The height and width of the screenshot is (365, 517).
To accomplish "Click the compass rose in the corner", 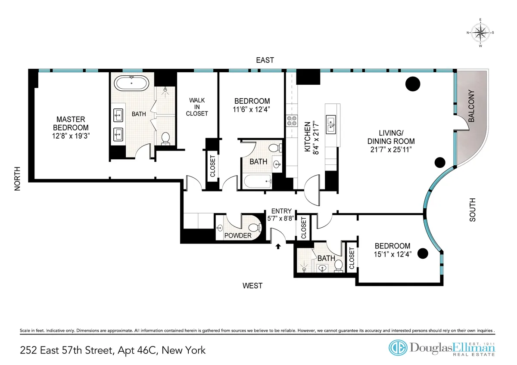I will [480, 32].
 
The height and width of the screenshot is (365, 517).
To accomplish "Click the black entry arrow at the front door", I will [278, 246].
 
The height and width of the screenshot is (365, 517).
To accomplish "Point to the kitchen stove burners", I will [291, 121].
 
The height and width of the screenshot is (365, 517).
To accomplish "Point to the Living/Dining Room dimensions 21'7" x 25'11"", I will [391, 150].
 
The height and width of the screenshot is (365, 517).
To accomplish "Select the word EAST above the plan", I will [265, 60].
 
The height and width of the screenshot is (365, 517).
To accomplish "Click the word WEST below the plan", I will [252, 285].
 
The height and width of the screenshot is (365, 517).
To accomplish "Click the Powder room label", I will [237, 235].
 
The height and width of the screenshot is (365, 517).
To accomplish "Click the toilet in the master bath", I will [165, 138].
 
